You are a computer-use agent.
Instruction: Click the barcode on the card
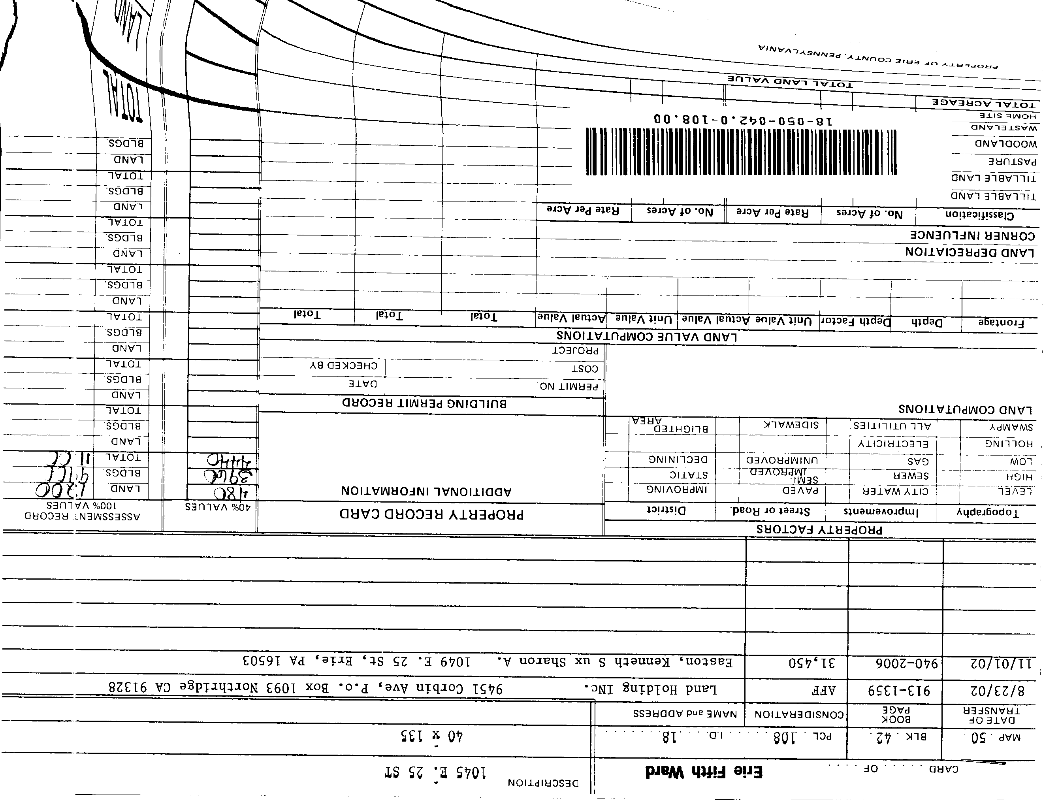[741, 152]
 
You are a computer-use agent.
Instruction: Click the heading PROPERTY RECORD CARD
[432, 514]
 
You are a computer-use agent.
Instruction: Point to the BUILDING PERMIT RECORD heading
[424, 403]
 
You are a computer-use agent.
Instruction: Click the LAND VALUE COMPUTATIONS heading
[647, 337]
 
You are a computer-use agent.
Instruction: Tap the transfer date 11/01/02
[1001, 664]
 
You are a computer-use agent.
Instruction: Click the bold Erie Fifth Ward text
[704, 772]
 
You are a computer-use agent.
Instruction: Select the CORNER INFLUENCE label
[972, 235]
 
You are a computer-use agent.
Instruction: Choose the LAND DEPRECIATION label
[970, 252]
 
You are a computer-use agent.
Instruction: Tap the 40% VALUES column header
[218, 507]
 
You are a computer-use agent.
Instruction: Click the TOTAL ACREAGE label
[984, 103]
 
